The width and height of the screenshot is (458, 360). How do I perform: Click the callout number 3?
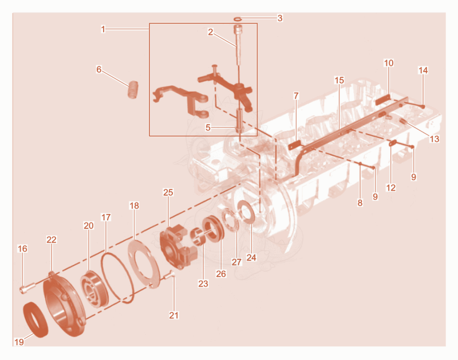(280, 18)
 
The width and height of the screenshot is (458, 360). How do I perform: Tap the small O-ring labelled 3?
(238, 19)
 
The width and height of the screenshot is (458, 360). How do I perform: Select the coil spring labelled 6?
(133, 89)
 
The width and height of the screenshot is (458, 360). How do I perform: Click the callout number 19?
(19, 342)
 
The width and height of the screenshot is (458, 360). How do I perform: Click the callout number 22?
(52, 239)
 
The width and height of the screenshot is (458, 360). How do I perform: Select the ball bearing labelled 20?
(94, 290)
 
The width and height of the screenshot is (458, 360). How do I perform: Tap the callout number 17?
(106, 217)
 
